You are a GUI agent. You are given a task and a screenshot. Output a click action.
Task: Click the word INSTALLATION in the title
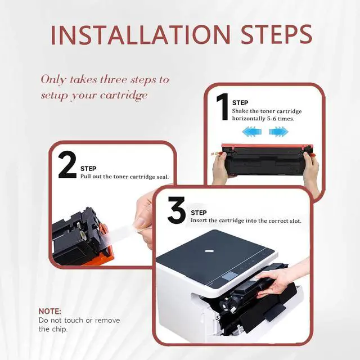(x=140, y=35)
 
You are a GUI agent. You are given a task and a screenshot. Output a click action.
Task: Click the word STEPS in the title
(x=277, y=35)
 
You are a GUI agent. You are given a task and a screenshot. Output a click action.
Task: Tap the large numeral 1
(x=222, y=106)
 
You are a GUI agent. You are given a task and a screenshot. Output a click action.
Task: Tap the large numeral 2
(x=67, y=165)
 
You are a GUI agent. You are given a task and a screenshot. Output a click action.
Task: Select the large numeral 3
(x=176, y=210)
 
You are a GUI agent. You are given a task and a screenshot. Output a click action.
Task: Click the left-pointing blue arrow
(x=251, y=132)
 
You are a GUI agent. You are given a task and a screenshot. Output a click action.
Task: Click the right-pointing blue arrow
(x=279, y=132)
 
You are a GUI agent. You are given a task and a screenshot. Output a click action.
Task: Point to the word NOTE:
(x=50, y=311)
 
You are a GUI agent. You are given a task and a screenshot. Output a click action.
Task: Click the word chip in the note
(x=60, y=330)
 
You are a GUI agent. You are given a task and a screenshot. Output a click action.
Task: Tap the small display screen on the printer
(x=229, y=276)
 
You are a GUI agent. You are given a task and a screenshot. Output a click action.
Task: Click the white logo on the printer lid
(x=209, y=251)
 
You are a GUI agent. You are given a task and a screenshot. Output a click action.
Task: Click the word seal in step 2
(x=163, y=177)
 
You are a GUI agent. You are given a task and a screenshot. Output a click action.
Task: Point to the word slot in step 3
(x=295, y=221)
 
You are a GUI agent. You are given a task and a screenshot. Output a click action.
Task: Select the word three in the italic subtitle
(x=114, y=80)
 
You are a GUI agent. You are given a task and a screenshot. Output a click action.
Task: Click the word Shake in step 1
(x=240, y=111)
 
